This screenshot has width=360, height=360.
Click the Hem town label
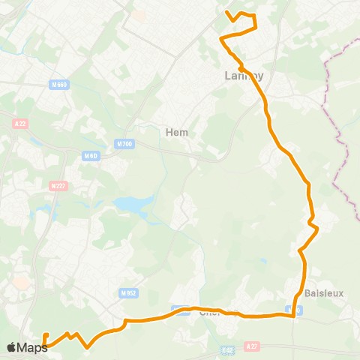(176, 132)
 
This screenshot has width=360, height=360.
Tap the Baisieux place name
(324, 293)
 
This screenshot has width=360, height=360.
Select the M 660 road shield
(61, 85)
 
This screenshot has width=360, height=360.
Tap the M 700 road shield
(124, 143)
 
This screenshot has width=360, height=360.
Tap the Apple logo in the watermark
(12, 347)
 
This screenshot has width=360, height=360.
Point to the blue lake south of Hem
(132, 204)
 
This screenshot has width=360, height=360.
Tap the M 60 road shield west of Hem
(91, 156)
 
